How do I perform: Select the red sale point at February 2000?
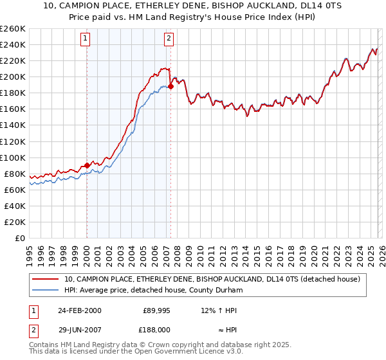[x=87, y=165]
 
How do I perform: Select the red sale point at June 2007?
[x=170, y=86]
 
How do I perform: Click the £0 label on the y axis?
[x=20, y=238]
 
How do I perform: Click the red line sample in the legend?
[x=46, y=279]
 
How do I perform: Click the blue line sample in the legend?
[x=46, y=290]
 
